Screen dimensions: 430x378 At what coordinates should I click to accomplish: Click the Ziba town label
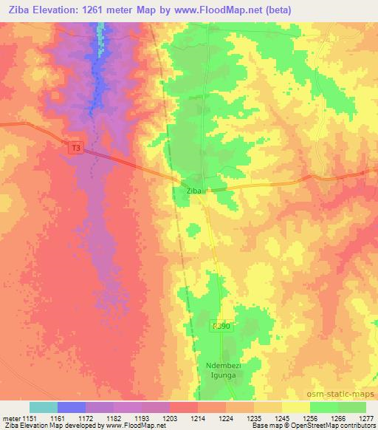[194, 191]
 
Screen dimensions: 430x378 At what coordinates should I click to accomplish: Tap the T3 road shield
[75, 149]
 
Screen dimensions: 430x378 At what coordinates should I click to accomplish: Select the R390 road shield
[219, 326]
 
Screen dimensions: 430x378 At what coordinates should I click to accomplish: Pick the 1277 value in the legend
[367, 418]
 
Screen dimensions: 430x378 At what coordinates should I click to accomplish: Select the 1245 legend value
[281, 418]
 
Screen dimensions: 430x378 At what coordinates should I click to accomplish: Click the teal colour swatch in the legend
[44, 407]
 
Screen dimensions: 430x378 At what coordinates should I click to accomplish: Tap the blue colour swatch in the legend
[72, 407]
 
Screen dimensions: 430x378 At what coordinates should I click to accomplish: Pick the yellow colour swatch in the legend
[295, 407]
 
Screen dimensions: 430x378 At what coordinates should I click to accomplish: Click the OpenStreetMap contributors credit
[337, 426]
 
